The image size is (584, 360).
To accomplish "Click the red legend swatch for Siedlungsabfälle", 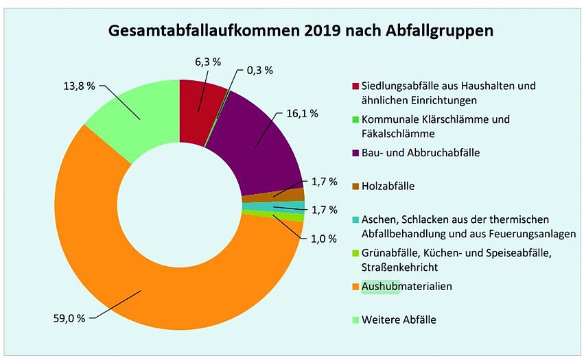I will click(x=355, y=86).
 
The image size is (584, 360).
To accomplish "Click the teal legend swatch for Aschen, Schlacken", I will click(x=355, y=220).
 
